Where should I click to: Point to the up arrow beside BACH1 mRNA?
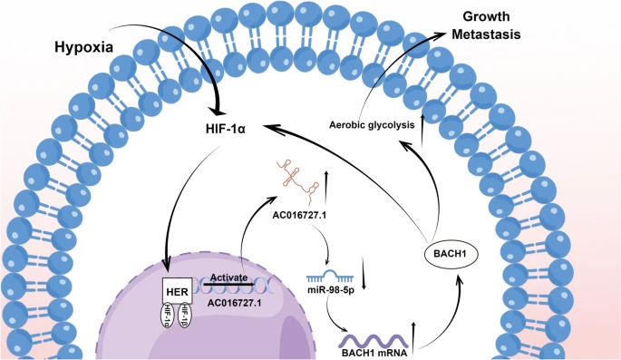tap(415, 334)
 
